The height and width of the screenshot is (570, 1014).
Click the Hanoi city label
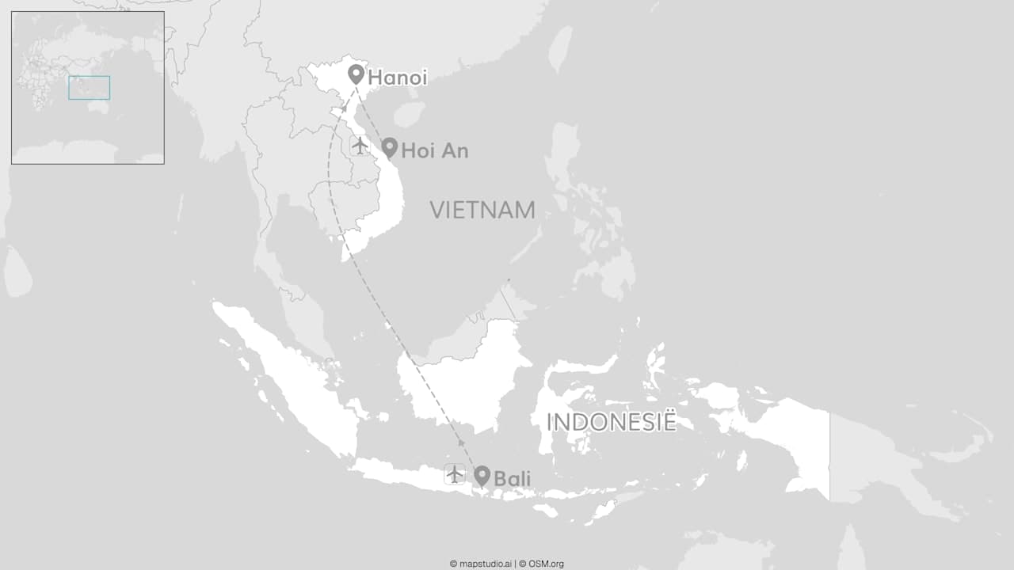(398, 78)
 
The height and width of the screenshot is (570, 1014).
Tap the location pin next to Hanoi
(356, 75)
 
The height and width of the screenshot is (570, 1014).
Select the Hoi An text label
(435, 150)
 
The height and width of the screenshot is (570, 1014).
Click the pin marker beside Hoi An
(389, 147)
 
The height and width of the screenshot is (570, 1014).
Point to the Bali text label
(512, 478)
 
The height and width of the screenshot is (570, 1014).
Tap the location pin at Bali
(482, 475)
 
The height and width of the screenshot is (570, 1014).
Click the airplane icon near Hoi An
(360, 146)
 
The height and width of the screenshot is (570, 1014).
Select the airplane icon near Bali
(454, 474)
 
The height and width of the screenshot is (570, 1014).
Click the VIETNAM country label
(482, 210)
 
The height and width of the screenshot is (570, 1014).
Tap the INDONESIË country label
(612, 422)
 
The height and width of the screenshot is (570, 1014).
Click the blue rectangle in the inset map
(89, 87)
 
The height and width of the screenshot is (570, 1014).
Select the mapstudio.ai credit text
(481, 564)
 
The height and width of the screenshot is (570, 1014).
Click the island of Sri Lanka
(17, 272)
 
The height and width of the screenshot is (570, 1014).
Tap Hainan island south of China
(409, 114)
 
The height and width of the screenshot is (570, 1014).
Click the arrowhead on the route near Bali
(461, 444)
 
